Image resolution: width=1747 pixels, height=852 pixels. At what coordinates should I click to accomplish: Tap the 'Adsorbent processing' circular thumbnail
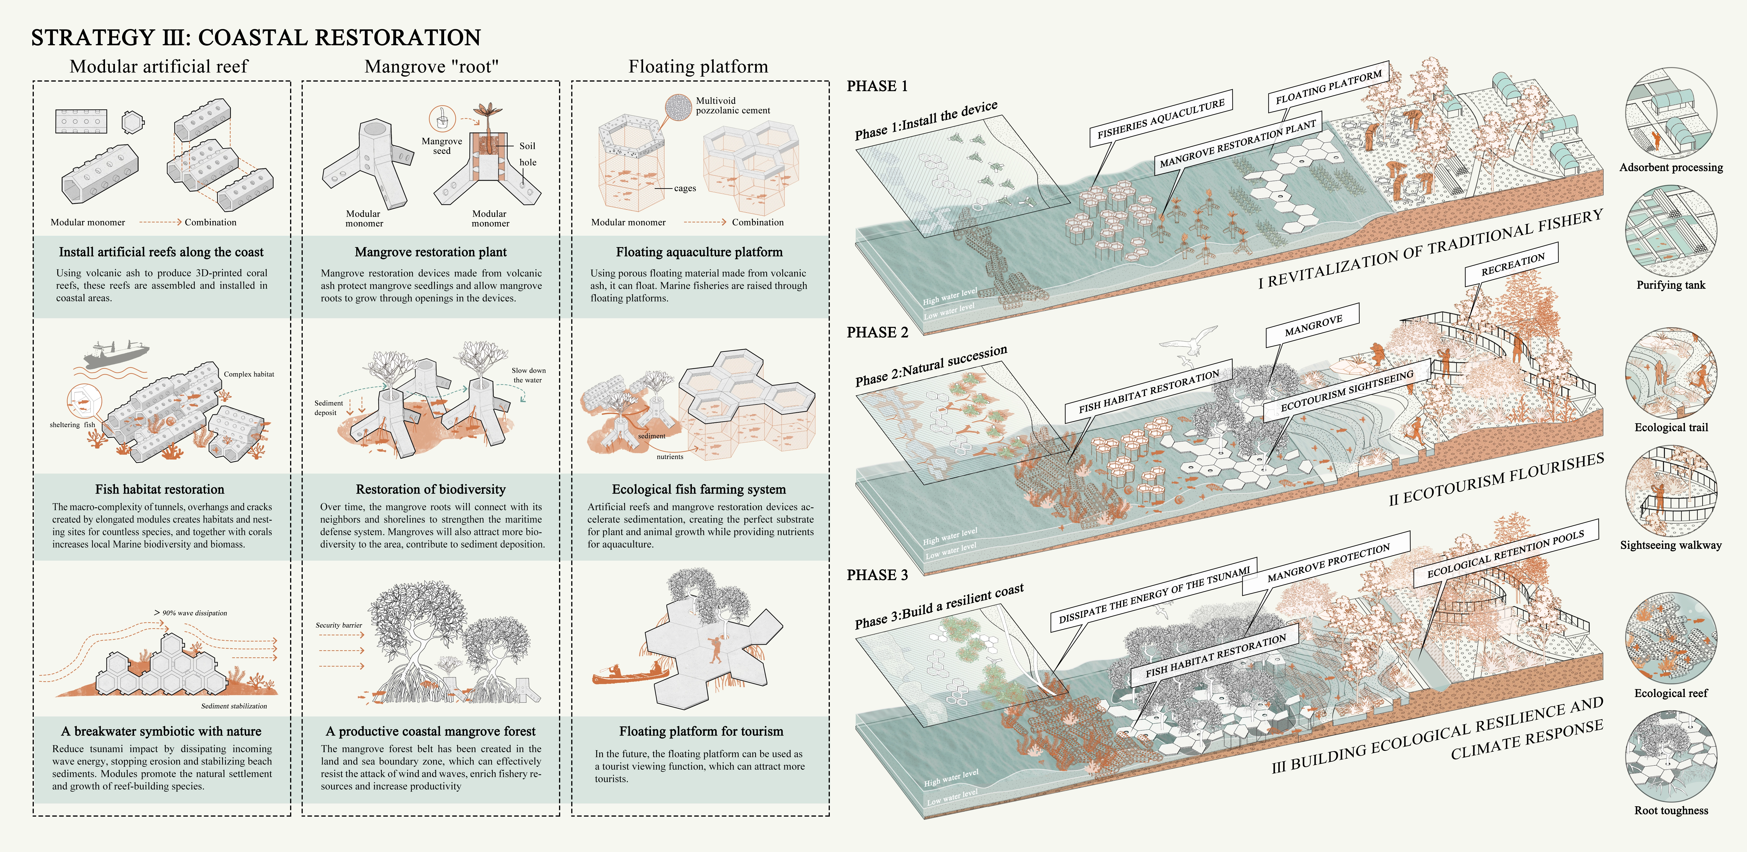click(x=1671, y=113)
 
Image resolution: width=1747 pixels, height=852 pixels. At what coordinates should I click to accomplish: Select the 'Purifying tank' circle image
click(x=1671, y=231)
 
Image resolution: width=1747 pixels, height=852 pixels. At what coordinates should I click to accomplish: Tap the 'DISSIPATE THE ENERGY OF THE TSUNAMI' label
click(x=1154, y=594)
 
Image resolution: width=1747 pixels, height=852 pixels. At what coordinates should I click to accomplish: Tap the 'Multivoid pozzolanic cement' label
click(x=732, y=105)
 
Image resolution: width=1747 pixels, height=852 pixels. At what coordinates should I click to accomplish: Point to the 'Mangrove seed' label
click(x=442, y=146)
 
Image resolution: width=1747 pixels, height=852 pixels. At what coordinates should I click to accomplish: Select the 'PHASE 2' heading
click(x=877, y=332)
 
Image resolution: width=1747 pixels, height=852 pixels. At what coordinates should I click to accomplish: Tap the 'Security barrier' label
click(x=338, y=625)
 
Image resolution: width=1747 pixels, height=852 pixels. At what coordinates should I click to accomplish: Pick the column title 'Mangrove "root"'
click(x=431, y=66)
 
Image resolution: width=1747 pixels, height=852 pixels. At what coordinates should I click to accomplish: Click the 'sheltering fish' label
click(x=72, y=425)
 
